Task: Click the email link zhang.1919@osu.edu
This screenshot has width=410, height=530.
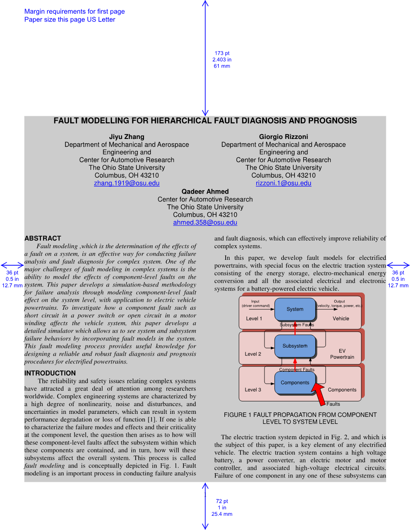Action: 127,183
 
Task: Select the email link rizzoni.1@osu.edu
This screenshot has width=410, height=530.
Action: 283,183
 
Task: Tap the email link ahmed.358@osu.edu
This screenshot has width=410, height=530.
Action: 205,223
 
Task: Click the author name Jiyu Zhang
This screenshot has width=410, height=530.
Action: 127,137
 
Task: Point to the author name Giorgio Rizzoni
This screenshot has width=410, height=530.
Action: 283,137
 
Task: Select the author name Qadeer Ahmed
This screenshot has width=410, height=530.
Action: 205,191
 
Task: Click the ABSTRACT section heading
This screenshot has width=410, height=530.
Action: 43,238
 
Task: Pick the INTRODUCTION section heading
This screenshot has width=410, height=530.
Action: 50,373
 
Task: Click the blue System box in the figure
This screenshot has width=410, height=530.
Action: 295,309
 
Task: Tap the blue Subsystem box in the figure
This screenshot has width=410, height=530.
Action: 295,346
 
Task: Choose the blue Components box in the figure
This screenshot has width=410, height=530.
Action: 295,382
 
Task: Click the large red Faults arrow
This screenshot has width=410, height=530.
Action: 319,393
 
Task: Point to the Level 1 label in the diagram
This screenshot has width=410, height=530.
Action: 254,319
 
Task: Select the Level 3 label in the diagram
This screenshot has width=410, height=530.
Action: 253,390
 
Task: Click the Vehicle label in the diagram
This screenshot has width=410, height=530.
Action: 341,319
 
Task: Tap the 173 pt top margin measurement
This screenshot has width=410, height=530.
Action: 222,53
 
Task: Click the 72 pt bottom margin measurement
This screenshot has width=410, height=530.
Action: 222,501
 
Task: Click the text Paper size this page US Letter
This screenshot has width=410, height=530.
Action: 70,20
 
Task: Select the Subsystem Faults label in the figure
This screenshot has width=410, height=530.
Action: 297,325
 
